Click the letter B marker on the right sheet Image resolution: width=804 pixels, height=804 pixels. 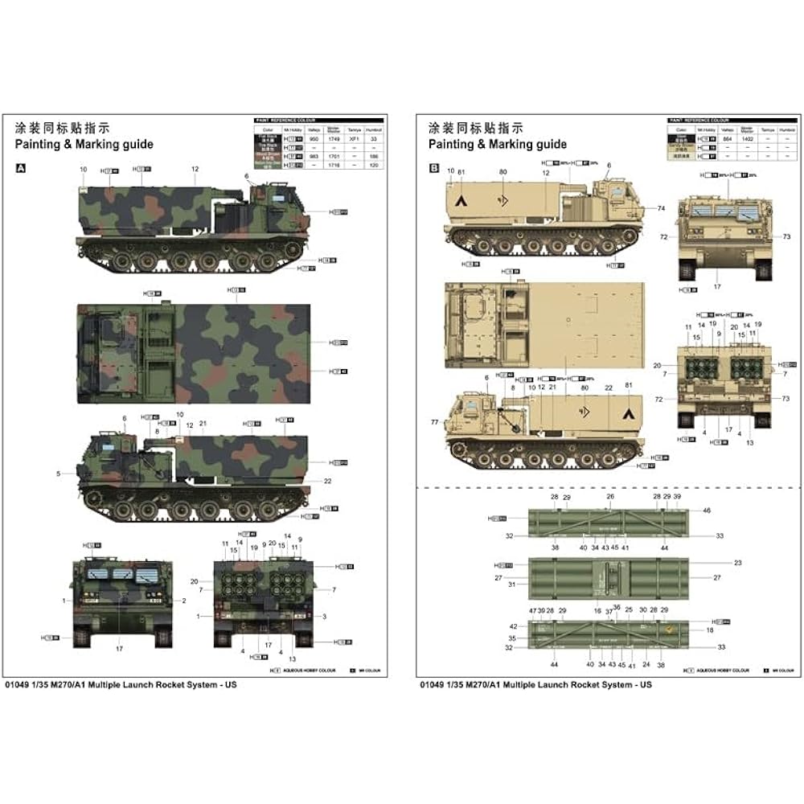pos(434,169)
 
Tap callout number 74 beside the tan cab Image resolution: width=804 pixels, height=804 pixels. pos(661,208)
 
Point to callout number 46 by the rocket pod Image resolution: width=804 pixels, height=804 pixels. pos(707,511)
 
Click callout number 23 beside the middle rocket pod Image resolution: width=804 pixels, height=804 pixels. pos(716,563)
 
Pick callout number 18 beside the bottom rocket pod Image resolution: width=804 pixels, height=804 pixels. pos(710,631)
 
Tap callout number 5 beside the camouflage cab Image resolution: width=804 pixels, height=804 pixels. pos(59,474)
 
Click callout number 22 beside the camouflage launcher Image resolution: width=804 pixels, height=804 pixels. pos(328,481)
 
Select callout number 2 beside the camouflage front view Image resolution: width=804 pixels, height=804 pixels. pos(183,601)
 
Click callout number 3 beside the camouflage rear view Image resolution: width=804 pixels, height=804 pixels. pos(324,616)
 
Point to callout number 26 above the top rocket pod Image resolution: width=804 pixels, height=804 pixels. pos(610,497)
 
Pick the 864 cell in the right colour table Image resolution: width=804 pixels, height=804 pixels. pos(728,139)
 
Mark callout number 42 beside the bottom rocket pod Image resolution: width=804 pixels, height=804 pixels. pos(512,626)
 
